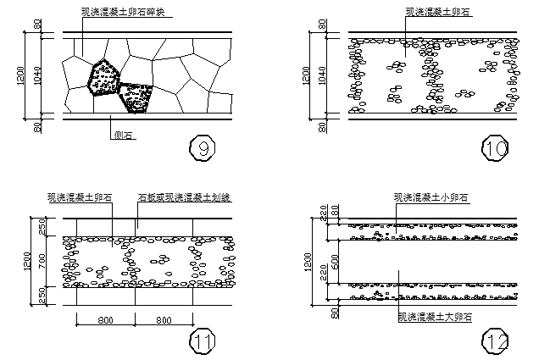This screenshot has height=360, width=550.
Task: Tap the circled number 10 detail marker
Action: pyautogui.click(x=495, y=149)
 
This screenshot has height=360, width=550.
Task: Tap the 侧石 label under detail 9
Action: pyautogui.click(x=123, y=134)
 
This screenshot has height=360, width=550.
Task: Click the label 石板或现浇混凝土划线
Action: pyautogui.click(x=185, y=197)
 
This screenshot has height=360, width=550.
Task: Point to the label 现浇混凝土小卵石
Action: pyautogui.click(x=431, y=197)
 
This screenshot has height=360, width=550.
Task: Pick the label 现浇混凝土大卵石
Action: pyautogui.click(x=435, y=317)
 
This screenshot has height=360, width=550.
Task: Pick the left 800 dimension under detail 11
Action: pyautogui.click(x=107, y=320)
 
